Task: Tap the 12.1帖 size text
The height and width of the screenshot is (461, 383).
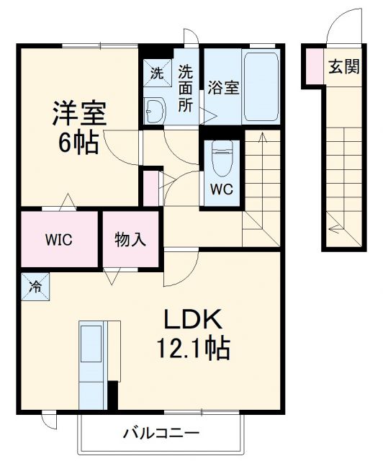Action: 194,349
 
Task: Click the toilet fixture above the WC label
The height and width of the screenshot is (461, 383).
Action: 222,158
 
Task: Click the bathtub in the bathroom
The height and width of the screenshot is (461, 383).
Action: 261,86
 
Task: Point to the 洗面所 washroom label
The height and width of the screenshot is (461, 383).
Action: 186,87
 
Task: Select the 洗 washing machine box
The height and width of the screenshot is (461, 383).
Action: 156,72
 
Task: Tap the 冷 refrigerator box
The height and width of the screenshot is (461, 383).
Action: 34,287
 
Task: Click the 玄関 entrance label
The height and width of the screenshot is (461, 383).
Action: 343,67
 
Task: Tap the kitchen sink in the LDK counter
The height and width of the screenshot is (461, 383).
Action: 92,344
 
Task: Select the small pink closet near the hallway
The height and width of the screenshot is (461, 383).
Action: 151,187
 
